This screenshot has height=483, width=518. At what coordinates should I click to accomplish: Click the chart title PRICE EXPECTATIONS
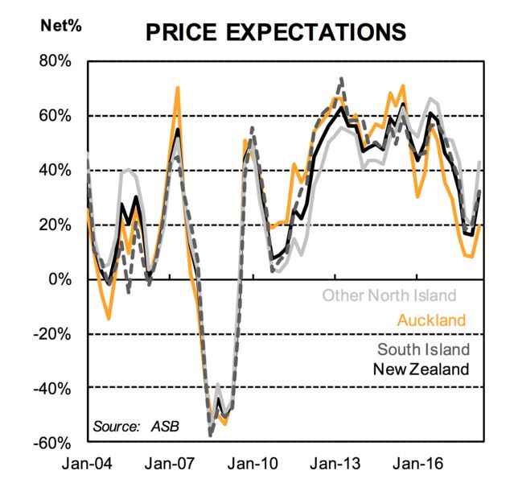[276, 32]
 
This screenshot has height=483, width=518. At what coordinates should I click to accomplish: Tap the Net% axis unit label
[61, 26]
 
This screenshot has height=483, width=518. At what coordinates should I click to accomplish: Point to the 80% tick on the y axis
[55, 61]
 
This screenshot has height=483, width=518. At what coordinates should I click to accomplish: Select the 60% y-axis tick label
[55, 116]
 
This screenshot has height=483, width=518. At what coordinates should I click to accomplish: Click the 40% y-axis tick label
[55, 171]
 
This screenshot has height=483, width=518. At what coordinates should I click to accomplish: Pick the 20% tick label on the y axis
[55, 225]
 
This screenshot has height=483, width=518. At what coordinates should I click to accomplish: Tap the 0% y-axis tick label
[60, 279]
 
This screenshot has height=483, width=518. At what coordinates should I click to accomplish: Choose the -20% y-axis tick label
[52, 334]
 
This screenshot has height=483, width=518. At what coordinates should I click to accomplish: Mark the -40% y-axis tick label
[52, 389]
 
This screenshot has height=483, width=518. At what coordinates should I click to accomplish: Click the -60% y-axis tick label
[52, 444]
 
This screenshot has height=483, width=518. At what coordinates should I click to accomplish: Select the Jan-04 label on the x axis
[87, 464]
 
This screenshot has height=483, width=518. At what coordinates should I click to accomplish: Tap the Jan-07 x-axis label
[170, 464]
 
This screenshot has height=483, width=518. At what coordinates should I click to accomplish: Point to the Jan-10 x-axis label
[253, 464]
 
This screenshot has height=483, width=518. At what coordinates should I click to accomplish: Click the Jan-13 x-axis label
[335, 464]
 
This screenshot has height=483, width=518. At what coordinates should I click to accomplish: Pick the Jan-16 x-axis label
[417, 464]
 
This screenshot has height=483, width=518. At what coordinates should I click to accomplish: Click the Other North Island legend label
[389, 295]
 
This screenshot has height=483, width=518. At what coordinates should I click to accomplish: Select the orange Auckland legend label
[431, 320]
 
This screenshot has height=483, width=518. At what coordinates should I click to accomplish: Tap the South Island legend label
[424, 349]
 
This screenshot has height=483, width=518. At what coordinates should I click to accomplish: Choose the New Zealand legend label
[421, 369]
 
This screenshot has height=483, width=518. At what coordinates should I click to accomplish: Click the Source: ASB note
[136, 427]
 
